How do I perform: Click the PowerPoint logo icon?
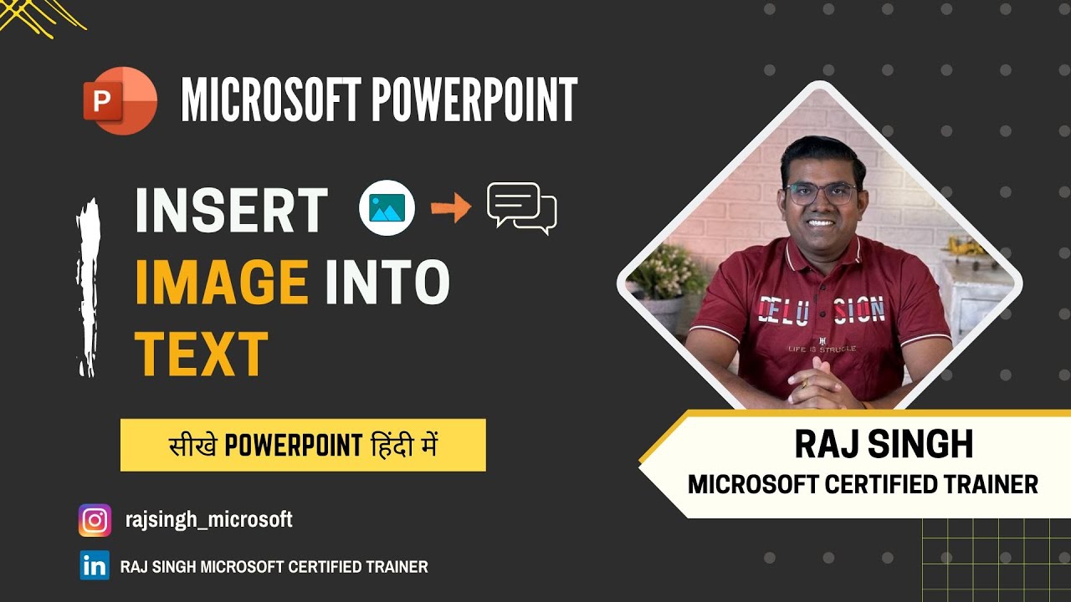click(120, 100)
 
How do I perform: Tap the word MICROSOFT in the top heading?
click(270, 100)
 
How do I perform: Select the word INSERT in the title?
click(231, 211)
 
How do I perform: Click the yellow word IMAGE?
click(222, 282)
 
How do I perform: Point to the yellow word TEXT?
click(201, 355)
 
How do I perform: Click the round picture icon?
click(387, 208)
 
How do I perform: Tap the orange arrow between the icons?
click(451, 208)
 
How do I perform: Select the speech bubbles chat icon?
click(521, 207)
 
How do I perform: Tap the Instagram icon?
click(95, 520)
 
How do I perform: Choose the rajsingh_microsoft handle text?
click(208, 520)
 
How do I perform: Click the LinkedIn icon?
click(95, 566)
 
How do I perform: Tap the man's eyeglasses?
click(820, 194)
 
